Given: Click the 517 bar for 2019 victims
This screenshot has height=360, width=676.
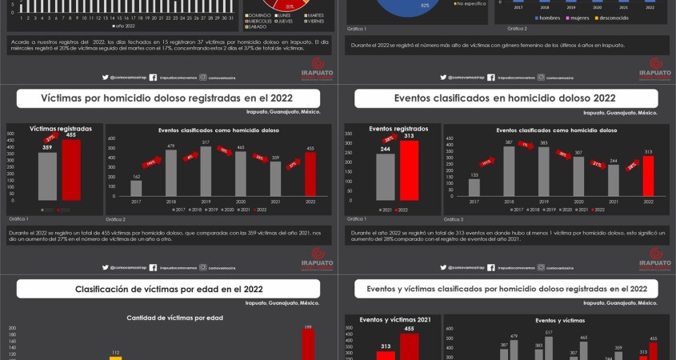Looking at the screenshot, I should coord(206,170).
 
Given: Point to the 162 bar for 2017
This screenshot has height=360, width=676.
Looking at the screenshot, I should coord(136,188).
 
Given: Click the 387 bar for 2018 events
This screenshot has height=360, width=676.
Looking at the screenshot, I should coord(509,170).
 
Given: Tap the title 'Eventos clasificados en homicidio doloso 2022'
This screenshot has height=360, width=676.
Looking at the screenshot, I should coord(504,98).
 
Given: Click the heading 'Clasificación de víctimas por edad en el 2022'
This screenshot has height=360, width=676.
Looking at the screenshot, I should coord(170,289).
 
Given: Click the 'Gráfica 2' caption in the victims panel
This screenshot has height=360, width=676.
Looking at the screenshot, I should coord(118,218).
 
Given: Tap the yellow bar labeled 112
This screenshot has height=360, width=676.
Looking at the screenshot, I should coord(115,358).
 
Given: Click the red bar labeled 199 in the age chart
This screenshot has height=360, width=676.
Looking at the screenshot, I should coord(307,344).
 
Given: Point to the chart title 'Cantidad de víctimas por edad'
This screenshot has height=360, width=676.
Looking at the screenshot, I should coord(174,318).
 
